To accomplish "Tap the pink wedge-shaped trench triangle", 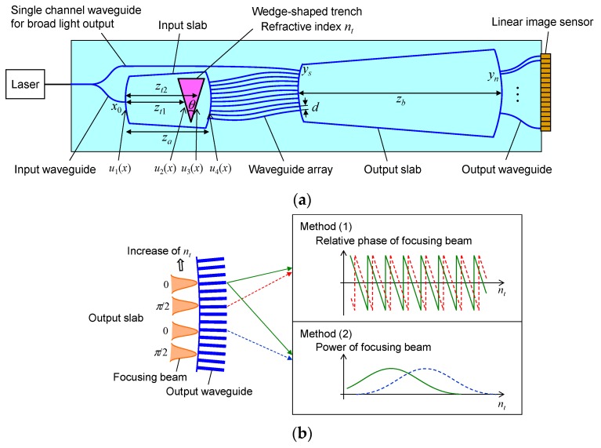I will click(x=190, y=93).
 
